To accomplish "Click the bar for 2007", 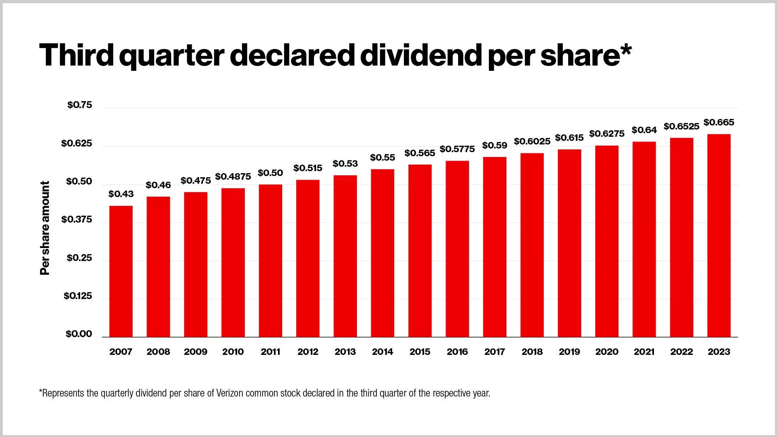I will click(121, 271).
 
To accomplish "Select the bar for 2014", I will click(382, 253).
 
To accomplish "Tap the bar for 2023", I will click(719, 235).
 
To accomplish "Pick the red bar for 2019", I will click(569, 243).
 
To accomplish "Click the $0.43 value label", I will click(121, 194).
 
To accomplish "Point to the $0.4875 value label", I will click(233, 177).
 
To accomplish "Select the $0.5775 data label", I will click(457, 149).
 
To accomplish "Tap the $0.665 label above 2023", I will click(719, 123).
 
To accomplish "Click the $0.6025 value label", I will click(532, 142).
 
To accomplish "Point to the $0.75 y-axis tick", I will click(80, 105).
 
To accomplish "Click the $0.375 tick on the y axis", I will click(76, 220).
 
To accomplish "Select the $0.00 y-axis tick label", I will click(79, 334).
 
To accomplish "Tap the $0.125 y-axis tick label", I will click(78, 296).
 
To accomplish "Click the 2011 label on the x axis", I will click(270, 352).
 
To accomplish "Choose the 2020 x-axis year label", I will click(607, 352).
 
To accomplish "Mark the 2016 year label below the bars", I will click(457, 352).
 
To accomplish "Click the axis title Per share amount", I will click(45, 228).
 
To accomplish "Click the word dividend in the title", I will click(420, 55).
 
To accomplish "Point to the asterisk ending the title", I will click(625, 49).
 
